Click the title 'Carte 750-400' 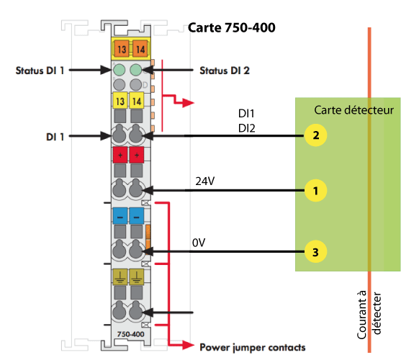pyautogui.click(x=231, y=27)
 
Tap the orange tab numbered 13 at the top pyautogui.click(x=122, y=48)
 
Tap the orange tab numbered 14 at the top pyautogui.click(x=140, y=48)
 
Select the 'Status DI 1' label pyautogui.click(x=40, y=71)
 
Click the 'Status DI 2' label pyautogui.click(x=225, y=71)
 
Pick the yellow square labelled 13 pyautogui.click(x=120, y=101)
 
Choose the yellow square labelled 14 pyautogui.click(x=137, y=101)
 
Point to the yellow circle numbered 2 pyautogui.click(x=315, y=135)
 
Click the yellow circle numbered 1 pyautogui.click(x=315, y=191)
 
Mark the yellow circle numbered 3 pyautogui.click(x=315, y=252)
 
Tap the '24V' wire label pyautogui.click(x=205, y=181)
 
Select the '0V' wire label pyautogui.click(x=199, y=243)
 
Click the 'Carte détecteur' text pyautogui.click(x=353, y=110)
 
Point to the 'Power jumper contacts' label pyautogui.click(x=253, y=348)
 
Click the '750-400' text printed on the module pyautogui.click(x=131, y=334)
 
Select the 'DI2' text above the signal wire pyautogui.click(x=246, y=128)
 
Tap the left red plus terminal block pyautogui.click(x=120, y=155)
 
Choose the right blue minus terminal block pyautogui.click(x=137, y=216)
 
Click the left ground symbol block pyautogui.click(x=120, y=276)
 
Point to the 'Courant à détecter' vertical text pyautogui.click(x=369, y=315)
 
